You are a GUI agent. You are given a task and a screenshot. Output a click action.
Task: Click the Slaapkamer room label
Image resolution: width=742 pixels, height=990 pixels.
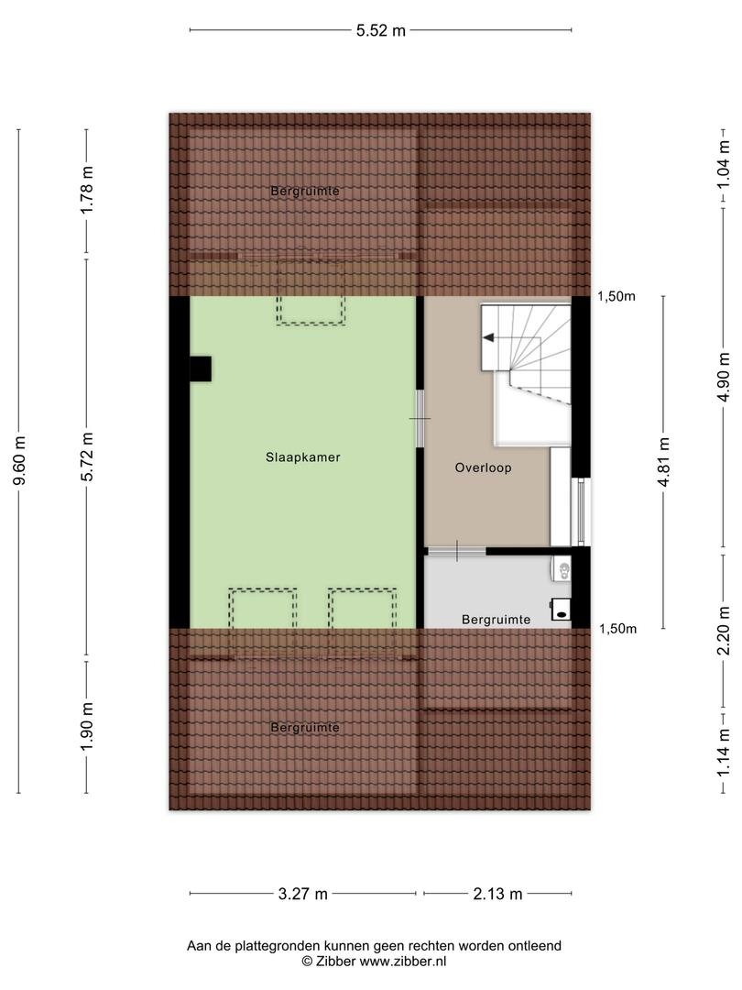click(303, 457)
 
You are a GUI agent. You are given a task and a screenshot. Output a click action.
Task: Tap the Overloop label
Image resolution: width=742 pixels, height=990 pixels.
click(483, 467)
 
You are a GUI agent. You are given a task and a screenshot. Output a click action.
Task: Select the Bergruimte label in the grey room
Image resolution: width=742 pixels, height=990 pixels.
click(496, 620)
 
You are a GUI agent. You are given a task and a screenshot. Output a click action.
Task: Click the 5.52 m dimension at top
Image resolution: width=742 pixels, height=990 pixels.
click(380, 29)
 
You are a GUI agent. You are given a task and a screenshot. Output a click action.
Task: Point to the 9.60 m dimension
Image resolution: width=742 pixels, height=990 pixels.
click(20, 461)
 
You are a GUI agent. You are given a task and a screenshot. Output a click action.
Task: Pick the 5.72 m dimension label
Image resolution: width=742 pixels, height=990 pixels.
click(88, 456)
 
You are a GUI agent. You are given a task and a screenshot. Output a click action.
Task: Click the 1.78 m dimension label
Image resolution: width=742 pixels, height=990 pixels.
click(88, 190)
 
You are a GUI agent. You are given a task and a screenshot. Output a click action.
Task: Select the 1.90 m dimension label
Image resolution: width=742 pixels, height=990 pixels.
click(88, 727)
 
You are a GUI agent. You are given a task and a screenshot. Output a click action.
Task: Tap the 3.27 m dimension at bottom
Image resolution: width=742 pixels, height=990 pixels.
click(303, 894)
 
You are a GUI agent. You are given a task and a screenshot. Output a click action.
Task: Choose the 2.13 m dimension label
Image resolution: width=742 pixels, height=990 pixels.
click(497, 894)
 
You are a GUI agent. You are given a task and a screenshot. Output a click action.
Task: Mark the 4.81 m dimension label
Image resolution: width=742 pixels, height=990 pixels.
click(663, 461)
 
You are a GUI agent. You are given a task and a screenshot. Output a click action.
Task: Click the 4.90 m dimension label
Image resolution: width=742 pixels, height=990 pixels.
click(725, 377)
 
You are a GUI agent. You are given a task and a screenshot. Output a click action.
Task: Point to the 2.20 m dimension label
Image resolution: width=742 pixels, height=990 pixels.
click(725, 631)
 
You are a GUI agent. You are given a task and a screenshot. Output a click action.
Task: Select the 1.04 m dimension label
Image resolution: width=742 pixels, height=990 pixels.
click(725, 163)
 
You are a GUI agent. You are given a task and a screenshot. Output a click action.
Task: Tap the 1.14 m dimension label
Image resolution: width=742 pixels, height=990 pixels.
click(725, 752)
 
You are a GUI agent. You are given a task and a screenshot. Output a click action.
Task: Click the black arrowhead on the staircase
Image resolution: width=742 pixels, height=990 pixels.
click(487, 338)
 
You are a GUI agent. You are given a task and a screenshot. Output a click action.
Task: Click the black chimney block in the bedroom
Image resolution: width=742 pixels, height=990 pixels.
click(201, 368)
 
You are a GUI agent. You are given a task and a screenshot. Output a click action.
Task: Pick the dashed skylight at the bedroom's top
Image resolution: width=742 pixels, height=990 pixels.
click(311, 293)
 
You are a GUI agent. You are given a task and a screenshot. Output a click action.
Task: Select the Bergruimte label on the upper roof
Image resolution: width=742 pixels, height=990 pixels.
click(305, 191)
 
